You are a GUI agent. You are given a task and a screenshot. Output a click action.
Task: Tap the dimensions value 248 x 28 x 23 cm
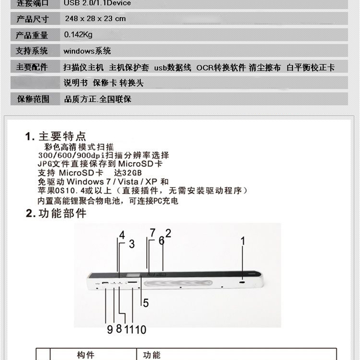(95, 18)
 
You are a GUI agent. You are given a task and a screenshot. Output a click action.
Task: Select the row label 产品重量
(32, 35)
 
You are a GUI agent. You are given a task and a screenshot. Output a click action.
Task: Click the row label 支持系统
(32, 51)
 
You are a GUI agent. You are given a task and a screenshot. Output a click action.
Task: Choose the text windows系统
(87, 51)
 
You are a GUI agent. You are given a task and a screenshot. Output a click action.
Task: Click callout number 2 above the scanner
(168, 233)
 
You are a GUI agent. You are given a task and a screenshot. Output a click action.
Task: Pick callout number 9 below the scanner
(109, 329)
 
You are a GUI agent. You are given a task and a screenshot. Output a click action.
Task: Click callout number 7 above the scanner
(152, 233)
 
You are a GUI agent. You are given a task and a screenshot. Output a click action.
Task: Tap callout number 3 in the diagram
(131, 244)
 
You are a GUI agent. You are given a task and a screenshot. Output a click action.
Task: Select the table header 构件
(85, 355)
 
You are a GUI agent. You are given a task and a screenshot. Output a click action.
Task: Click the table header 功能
(151, 355)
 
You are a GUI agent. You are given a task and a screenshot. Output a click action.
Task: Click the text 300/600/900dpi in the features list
(66, 155)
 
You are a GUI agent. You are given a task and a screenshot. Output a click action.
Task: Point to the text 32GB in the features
(133, 173)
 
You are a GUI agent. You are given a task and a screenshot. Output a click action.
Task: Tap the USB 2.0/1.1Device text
(97, 3)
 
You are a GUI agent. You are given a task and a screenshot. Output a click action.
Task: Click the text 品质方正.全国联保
(98, 99)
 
